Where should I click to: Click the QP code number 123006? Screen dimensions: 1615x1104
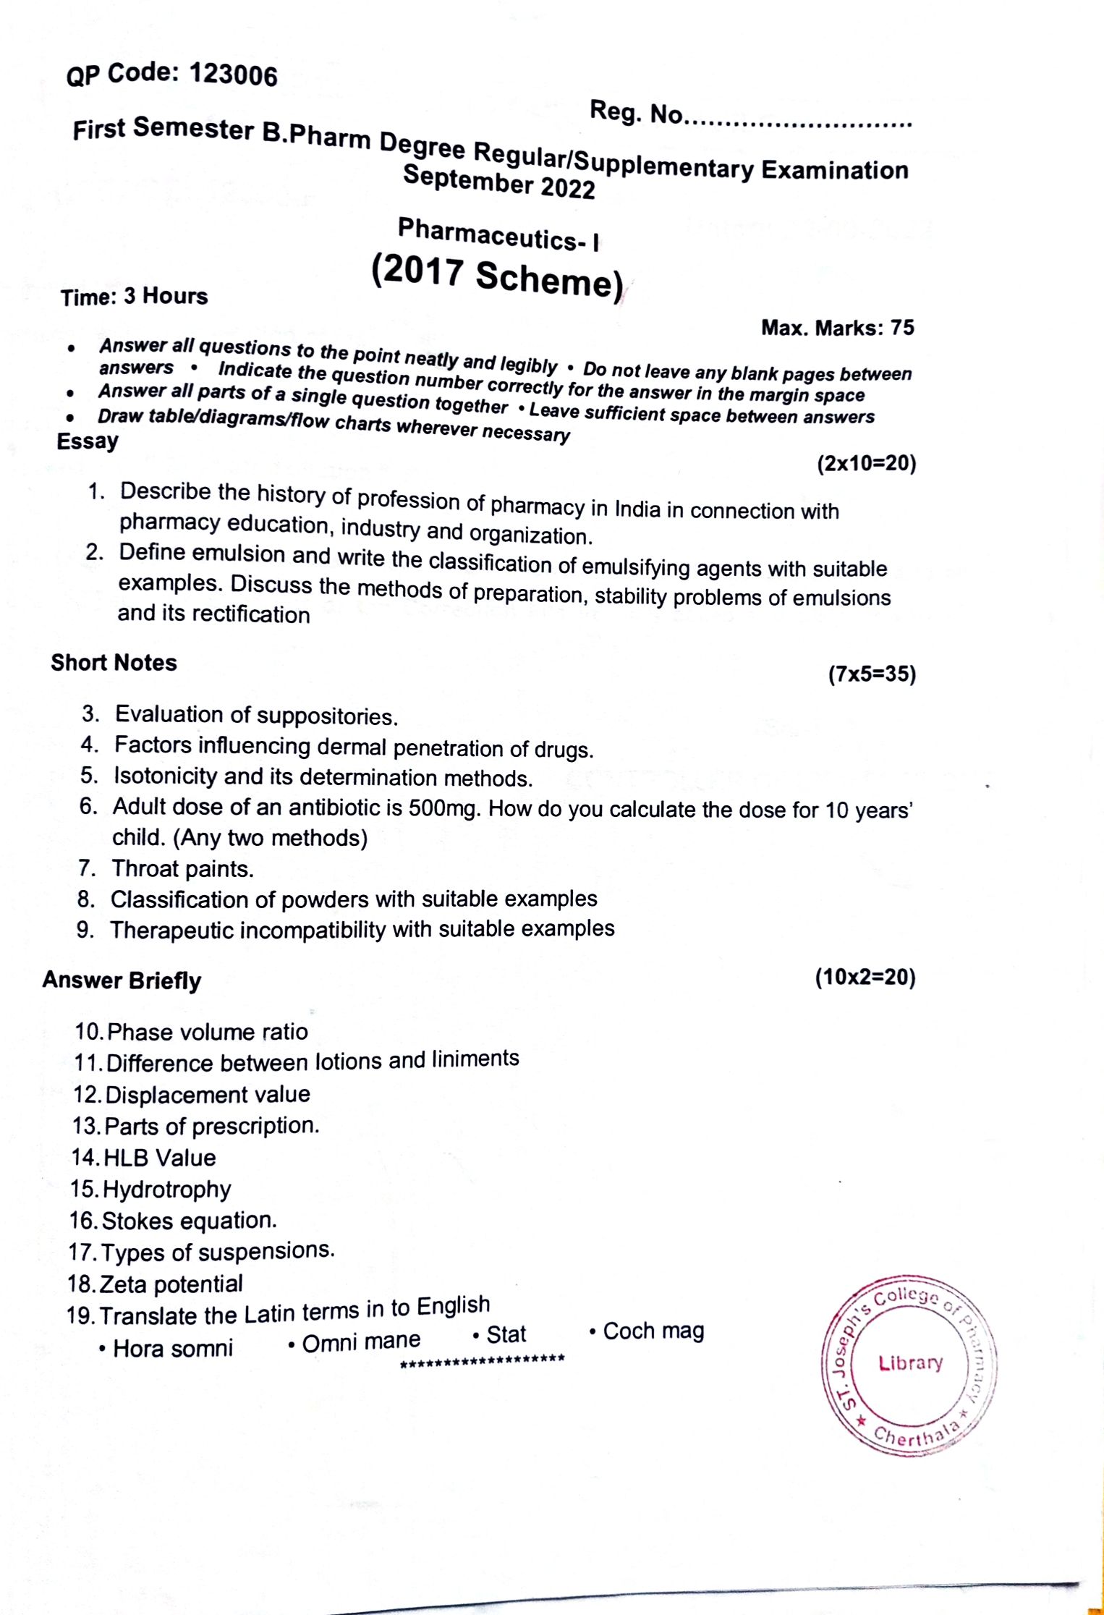[x=233, y=75]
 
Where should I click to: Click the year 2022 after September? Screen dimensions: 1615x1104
[x=567, y=187]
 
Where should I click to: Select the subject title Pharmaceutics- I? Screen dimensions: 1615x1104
[x=498, y=234]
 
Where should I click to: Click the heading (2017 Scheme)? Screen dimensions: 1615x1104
[x=497, y=277]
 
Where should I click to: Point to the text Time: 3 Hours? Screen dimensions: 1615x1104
[x=135, y=297]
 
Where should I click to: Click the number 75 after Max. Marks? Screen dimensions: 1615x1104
[x=902, y=328]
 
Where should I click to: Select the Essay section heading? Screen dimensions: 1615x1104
[x=88, y=441]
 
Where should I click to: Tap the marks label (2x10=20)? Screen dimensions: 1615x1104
[x=866, y=463]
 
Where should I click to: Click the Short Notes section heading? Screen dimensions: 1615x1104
[x=114, y=663]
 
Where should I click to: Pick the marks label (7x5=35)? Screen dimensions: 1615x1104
[x=872, y=674]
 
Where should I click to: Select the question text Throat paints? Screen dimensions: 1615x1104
[x=182, y=868]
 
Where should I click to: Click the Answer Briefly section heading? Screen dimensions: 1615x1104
[x=122, y=980]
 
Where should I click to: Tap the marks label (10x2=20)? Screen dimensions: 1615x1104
[x=865, y=978]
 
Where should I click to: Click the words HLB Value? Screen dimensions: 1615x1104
[x=160, y=1158]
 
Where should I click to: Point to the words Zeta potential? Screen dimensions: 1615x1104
[x=171, y=1284]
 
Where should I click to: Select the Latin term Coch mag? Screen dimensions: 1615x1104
[x=653, y=1331]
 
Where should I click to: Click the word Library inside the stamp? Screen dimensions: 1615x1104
[x=910, y=1363]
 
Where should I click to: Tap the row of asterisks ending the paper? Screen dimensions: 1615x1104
[x=483, y=1360]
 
